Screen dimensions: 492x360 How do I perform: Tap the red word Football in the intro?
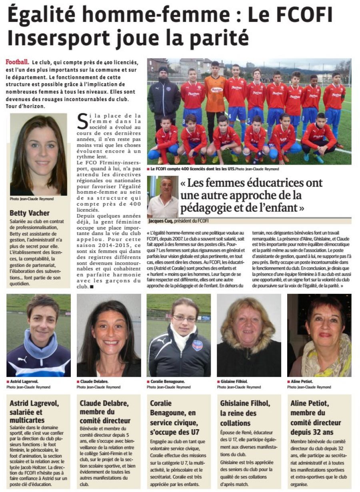point(17,62)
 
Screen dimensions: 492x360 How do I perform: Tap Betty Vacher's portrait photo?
point(38,154)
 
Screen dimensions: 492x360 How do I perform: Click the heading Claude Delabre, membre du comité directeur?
point(105,412)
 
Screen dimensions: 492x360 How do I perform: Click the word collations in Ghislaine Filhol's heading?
point(235,423)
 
